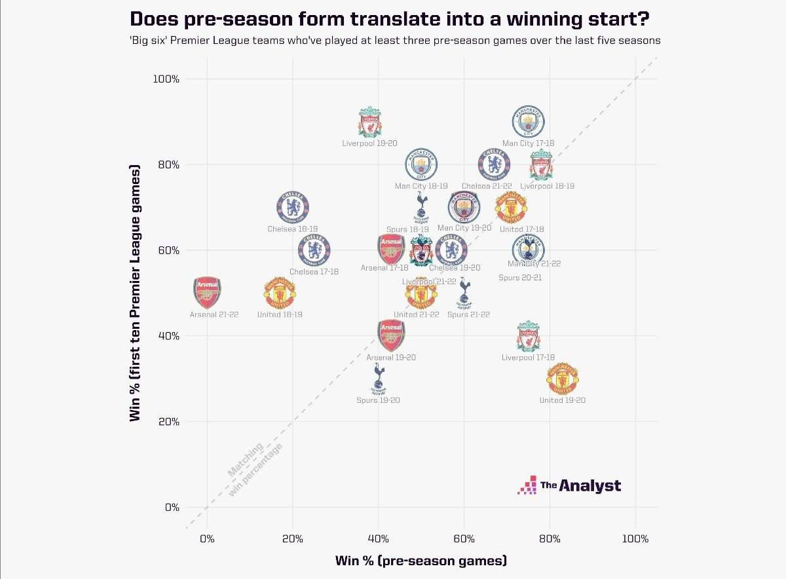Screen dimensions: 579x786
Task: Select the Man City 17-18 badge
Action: coord(528,122)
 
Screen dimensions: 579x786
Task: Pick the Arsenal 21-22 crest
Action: coord(208,292)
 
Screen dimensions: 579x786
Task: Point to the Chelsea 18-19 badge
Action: coord(293,208)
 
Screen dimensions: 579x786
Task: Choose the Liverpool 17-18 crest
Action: coord(528,337)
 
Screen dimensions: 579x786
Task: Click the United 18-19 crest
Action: coord(280,293)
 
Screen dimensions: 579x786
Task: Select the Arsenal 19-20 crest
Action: coord(391,335)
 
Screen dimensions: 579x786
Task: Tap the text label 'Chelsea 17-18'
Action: coord(314,272)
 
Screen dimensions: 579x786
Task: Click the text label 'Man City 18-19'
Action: coord(421,187)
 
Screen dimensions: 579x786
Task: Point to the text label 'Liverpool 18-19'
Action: coord(552,187)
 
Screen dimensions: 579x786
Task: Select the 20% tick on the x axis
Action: coord(292,539)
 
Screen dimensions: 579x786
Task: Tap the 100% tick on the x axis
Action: coord(635,539)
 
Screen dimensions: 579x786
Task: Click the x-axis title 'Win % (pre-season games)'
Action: coord(421,561)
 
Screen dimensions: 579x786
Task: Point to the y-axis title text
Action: coord(136,293)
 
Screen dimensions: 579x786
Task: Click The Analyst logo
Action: coord(570,485)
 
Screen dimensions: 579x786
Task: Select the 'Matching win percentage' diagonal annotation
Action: coord(254,468)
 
